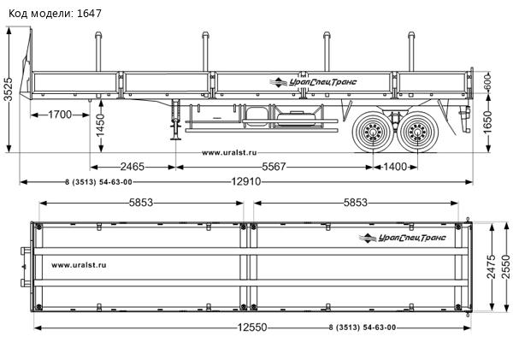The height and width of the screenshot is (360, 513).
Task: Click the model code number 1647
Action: pyautogui.click(x=88, y=14)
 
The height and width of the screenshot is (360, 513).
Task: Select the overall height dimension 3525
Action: pyautogui.click(x=9, y=89)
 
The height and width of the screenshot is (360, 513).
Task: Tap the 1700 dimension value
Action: pyautogui.click(x=59, y=115)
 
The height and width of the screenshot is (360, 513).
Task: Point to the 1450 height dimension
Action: pyautogui.click(x=101, y=127)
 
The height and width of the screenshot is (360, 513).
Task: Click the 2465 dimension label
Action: pyautogui.click(x=133, y=166)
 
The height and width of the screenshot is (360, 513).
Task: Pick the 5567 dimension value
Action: pyautogui.click(x=274, y=166)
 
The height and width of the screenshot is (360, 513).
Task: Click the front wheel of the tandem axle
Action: pyautogui.click(x=373, y=133)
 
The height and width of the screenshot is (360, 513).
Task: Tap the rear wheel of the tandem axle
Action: pyautogui.click(x=419, y=133)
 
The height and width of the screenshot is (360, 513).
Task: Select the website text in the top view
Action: pyautogui.click(x=79, y=265)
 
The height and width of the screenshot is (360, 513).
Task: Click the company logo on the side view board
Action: pyautogui.click(x=316, y=81)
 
